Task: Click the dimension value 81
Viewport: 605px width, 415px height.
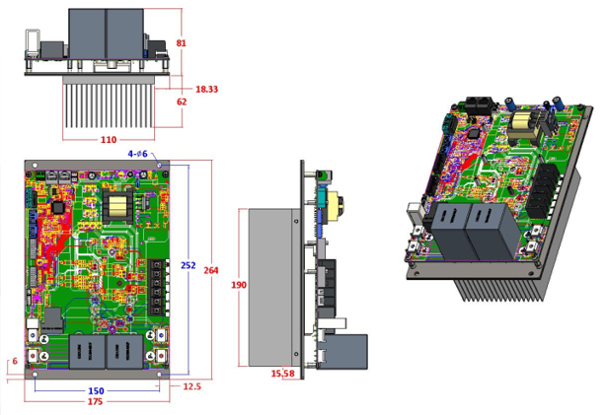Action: [181, 43]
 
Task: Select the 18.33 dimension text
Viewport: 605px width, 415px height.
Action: [206, 90]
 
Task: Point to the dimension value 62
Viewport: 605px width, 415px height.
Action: [181, 103]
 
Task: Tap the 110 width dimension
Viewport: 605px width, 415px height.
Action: [108, 140]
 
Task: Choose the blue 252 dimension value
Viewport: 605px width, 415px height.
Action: [188, 266]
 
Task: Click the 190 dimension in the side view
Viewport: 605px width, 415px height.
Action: [238, 285]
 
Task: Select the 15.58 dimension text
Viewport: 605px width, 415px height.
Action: [282, 374]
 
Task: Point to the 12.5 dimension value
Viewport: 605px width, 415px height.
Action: [191, 386]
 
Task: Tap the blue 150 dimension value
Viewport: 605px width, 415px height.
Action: [97, 391]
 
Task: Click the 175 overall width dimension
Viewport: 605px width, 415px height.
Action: [97, 402]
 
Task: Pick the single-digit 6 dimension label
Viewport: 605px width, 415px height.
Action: [13, 361]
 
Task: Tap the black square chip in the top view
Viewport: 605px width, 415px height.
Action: [58, 207]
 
